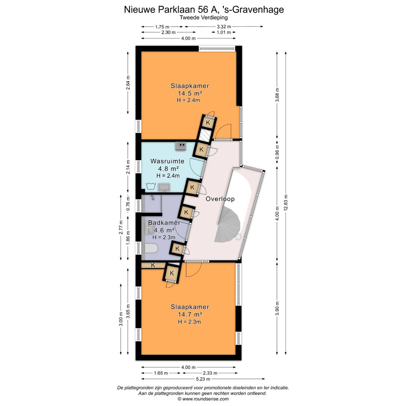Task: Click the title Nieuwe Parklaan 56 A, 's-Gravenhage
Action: click(204, 9)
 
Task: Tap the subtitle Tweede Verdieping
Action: click(204, 18)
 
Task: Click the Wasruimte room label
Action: click(167, 161)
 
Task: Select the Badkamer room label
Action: click(164, 223)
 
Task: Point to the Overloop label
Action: click(220, 199)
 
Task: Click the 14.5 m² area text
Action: click(190, 93)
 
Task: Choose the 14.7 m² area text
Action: click(190, 314)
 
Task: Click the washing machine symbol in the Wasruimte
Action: click(151, 186)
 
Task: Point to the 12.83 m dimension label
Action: click(286, 203)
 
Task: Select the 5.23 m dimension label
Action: click(203, 379)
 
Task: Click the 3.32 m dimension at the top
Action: click(224, 26)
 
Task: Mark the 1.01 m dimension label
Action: click(224, 32)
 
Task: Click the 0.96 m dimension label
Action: click(277, 155)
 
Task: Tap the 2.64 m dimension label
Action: click(128, 83)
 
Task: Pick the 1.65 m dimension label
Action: click(161, 373)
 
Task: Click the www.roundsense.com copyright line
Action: click(203, 399)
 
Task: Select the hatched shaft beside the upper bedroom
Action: click(205, 135)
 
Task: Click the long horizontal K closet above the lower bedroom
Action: click(153, 265)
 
